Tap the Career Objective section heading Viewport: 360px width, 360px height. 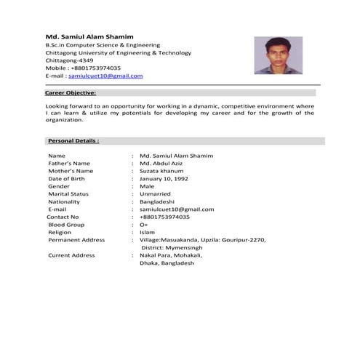pyautogui.click(x=70, y=93)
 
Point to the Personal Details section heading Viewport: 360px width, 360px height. pyautogui.click(x=73, y=140)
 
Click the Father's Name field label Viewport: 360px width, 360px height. pyautogui.click(x=69, y=164)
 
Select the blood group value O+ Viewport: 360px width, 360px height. pyautogui.click(x=144, y=225)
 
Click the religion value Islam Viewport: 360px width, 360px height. pyautogui.click(x=147, y=232)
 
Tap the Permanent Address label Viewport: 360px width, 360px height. pyautogui.click(x=76, y=240)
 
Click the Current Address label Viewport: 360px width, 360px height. pyautogui.click(x=71, y=255)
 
